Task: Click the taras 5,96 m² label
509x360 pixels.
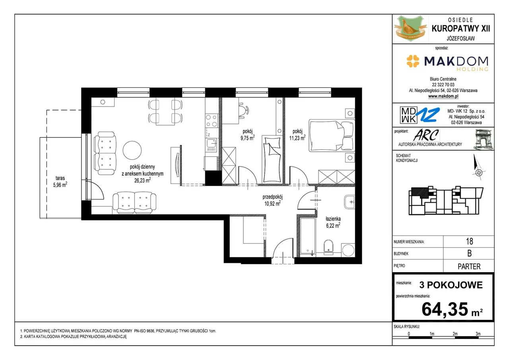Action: (60, 182)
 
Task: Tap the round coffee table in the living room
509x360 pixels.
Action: (132, 150)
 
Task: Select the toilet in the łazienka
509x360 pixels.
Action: (328, 247)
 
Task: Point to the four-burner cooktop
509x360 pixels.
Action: (211, 120)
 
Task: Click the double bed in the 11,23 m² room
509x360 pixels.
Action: (332, 135)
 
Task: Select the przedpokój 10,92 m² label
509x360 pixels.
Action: (272, 200)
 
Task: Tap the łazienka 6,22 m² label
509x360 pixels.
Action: (333, 222)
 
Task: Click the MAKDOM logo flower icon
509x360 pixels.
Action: (413, 61)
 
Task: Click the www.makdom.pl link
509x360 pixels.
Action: (443, 96)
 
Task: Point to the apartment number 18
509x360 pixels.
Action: (469, 241)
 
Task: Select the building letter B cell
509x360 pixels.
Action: (469, 254)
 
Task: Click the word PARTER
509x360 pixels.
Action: (469, 266)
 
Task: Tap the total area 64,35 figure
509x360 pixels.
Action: (445, 309)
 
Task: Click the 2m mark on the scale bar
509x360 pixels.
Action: (455, 334)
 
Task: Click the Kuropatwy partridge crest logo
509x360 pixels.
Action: (410, 29)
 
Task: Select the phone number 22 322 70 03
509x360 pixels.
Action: (443, 85)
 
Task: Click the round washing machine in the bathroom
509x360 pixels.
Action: (348, 250)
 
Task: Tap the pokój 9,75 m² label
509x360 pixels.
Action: (247, 135)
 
